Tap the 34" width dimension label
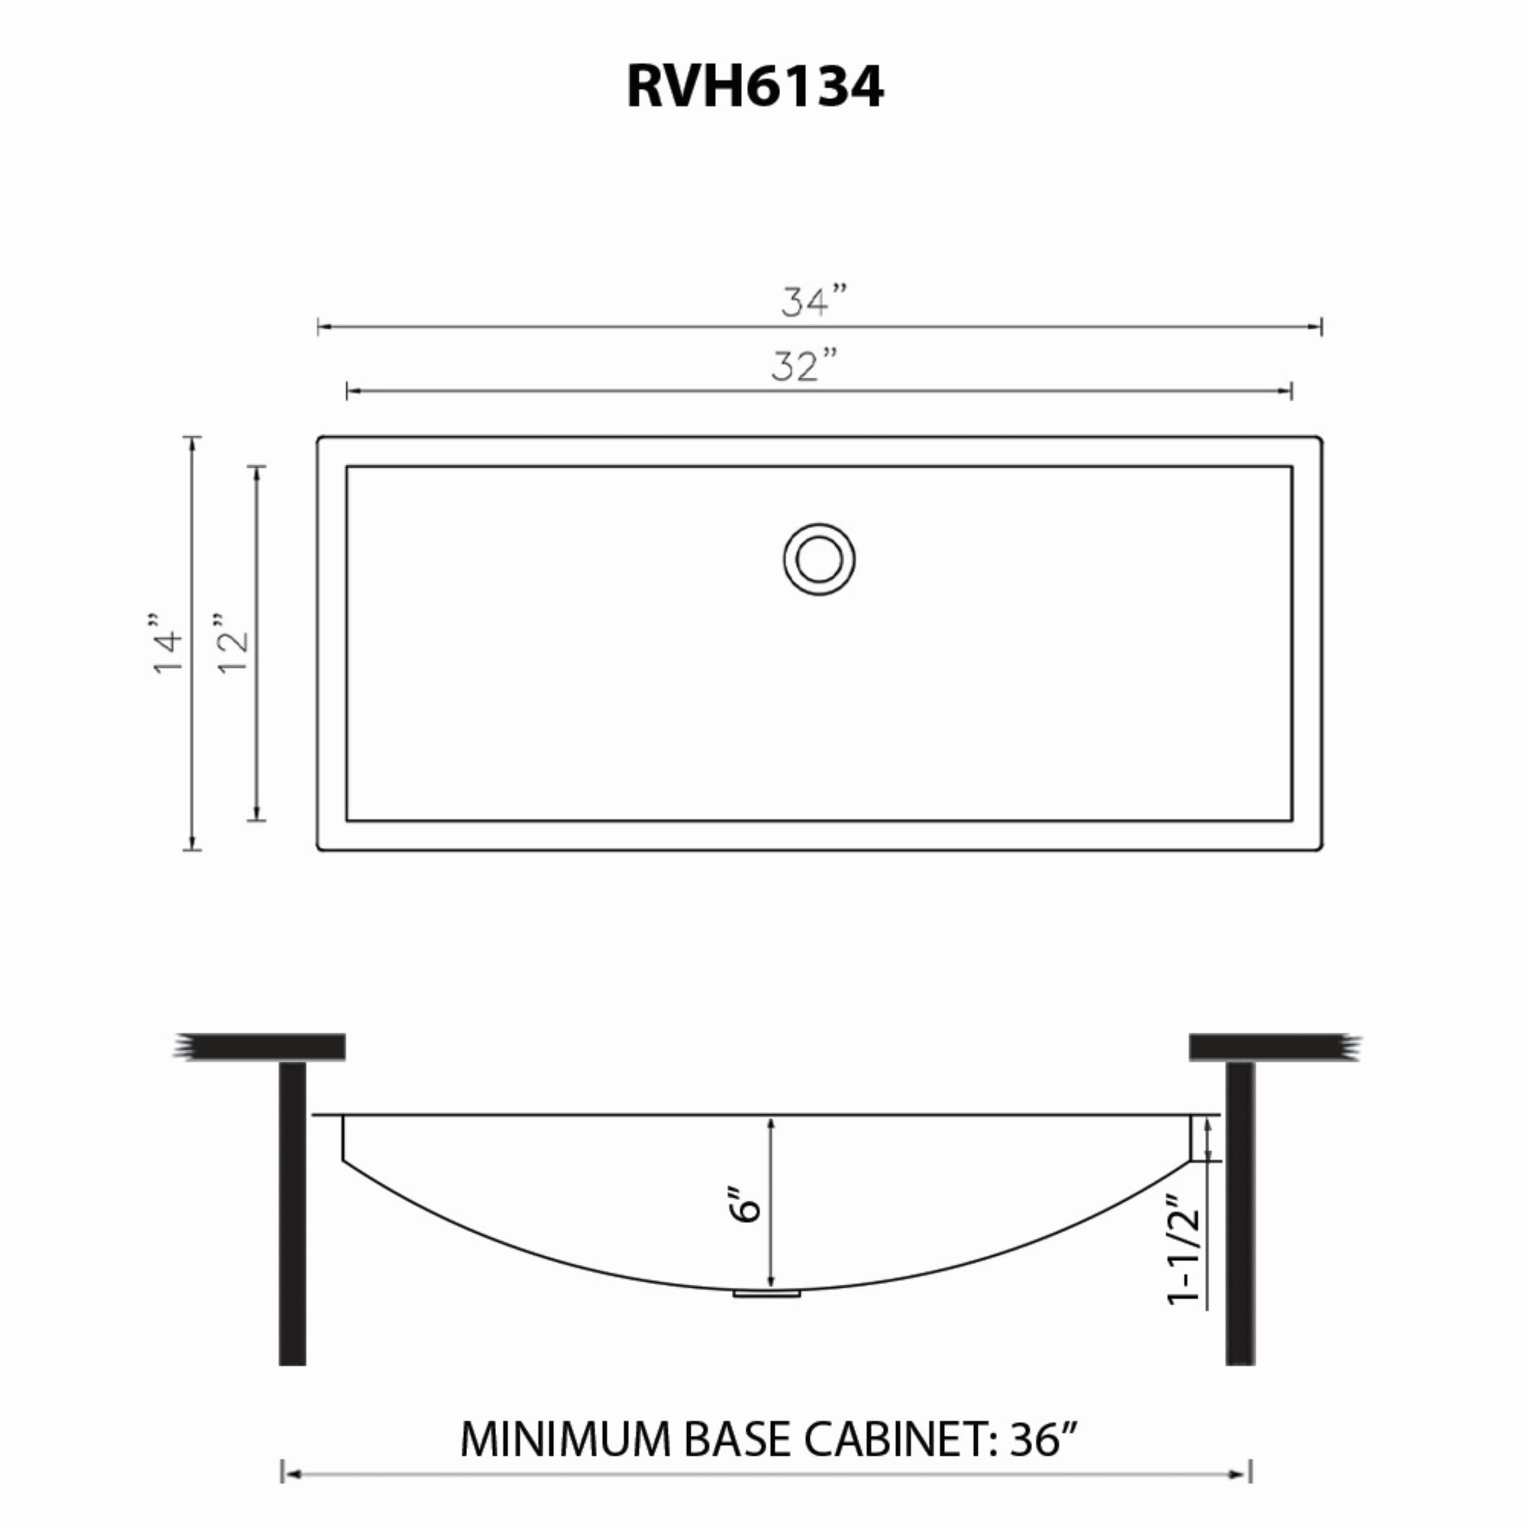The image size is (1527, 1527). [815, 301]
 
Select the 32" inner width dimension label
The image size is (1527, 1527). [804, 366]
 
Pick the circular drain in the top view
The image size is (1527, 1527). [819, 559]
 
